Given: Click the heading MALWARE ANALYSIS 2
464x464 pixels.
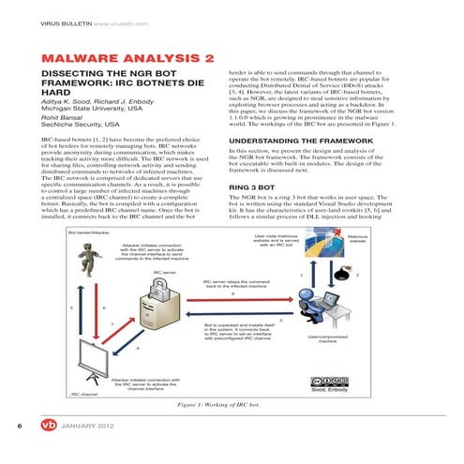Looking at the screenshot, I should click(x=128, y=59).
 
